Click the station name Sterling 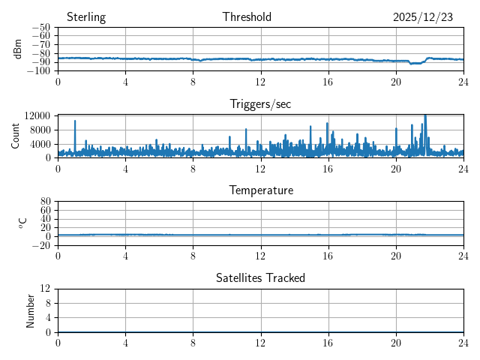pos(86,17)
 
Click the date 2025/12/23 pos(423,17)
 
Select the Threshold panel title pos(247,17)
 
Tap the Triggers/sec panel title pos(260,104)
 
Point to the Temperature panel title pos(260,190)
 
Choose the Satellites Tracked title pos(260,277)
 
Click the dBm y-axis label pos(18,49)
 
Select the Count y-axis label pos(16,136)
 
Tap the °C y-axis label pos(22,223)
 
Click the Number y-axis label pos(31,310)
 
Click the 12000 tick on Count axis pos(37,115)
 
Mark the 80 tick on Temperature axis pos(45,202)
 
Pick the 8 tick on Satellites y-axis pos(49,303)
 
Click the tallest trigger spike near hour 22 pos(425,116)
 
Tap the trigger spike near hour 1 pos(75,121)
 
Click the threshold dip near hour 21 pos(414,64)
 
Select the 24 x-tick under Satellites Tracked pos(463,341)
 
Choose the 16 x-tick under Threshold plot pos(328,81)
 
